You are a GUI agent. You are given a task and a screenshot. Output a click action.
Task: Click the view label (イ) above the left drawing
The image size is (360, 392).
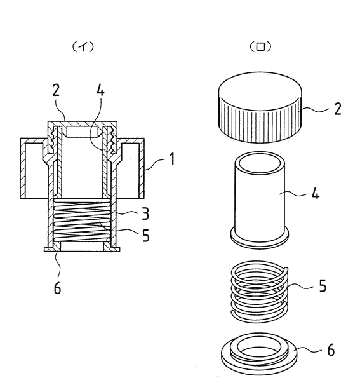click(83, 47)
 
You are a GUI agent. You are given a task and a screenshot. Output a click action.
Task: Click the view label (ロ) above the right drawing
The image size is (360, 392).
click(260, 47)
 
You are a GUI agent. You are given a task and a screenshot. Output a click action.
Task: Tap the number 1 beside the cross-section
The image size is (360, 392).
click(171, 159)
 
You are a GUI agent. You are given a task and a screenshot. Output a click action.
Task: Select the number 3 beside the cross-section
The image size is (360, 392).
click(145, 213)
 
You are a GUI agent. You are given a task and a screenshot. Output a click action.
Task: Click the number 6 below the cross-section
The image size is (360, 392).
click(57, 288)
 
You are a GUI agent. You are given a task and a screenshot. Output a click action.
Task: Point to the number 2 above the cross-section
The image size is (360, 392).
click(56, 90)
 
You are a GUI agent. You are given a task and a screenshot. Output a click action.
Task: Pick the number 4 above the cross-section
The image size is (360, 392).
click(100, 90)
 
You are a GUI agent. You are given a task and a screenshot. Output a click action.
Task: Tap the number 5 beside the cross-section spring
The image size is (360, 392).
click(145, 236)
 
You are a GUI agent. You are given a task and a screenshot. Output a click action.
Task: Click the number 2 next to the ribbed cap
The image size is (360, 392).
click(338, 109)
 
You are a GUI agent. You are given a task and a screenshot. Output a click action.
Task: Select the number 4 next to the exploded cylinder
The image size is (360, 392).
click(316, 194)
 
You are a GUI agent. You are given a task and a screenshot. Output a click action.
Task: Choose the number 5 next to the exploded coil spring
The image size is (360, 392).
click(323, 286)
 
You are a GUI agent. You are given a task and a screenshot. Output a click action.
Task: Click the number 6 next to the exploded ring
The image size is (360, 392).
click(331, 349)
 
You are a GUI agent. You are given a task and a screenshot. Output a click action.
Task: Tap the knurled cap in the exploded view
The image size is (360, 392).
click(260, 107)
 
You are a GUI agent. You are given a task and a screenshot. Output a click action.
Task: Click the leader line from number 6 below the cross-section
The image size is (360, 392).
click(59, 264)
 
